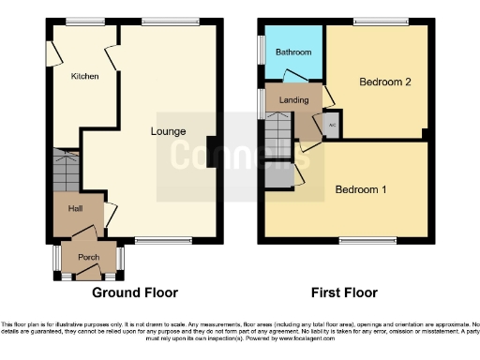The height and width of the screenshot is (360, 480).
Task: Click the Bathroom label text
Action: tap(292, 52)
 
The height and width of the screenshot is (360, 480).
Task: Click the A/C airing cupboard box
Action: tap(333, 123)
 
